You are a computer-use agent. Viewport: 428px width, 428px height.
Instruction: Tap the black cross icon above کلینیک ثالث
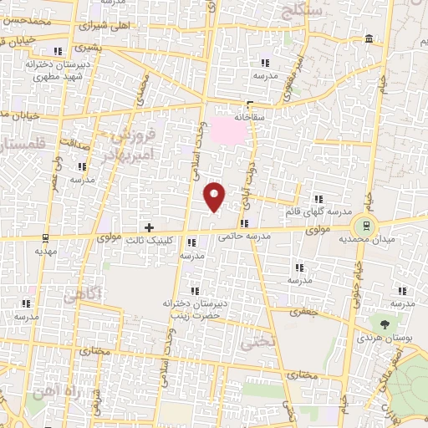(x=149, y=227)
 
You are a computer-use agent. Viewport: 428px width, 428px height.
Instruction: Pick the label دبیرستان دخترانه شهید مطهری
(x=34, y=69)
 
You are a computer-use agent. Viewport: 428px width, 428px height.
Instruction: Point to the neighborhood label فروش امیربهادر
(x=135, y=144)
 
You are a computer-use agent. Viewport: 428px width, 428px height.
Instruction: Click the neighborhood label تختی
(x=254, y=342)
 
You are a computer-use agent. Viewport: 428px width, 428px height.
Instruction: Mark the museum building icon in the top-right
(x=369, y=39)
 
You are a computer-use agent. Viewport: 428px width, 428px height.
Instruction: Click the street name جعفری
(x=299, y=312)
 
